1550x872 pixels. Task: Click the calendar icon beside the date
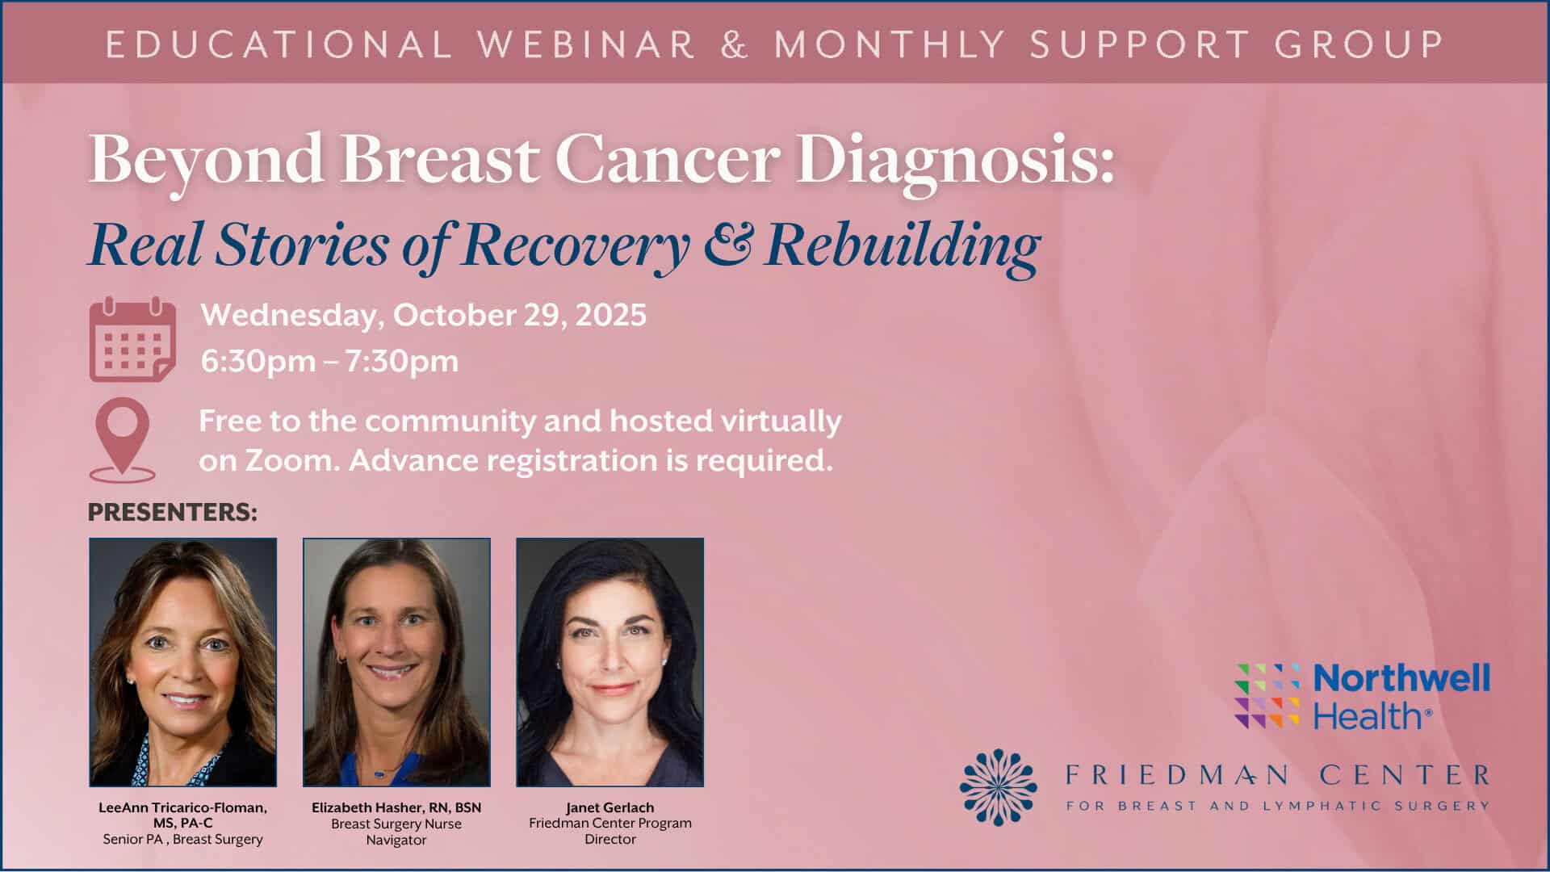132,339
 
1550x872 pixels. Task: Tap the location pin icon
123,440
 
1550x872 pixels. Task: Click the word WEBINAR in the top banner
587,44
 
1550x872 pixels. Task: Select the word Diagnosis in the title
958,161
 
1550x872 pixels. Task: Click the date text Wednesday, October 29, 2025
424,315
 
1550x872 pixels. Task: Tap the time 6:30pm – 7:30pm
329,360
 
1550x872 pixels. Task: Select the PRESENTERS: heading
173,512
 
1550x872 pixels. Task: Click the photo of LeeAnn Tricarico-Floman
183,662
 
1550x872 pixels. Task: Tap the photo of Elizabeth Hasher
396,662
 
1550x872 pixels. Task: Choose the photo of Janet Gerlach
610,662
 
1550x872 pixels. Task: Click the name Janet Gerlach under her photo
610,807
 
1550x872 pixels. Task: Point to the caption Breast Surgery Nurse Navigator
396,832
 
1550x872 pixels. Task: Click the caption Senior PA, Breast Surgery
183,840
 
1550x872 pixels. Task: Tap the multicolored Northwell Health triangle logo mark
1267,696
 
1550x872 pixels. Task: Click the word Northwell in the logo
1402,678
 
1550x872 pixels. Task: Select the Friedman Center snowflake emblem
999,786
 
